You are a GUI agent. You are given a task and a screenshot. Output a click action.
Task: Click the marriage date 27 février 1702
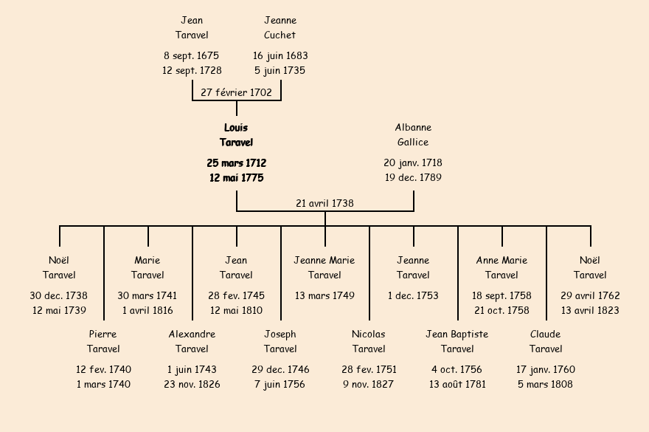point(236,92)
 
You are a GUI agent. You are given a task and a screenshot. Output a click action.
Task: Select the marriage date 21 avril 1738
point(324,203)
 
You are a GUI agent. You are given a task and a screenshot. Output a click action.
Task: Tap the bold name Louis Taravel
point(236,135)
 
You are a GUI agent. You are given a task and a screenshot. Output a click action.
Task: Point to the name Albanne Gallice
point(413,135)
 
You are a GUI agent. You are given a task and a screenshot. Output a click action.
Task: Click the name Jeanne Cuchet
point(280,27)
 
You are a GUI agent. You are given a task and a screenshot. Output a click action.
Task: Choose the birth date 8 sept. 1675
point(192,55)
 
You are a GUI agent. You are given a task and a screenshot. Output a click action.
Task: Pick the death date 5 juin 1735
point(280,71)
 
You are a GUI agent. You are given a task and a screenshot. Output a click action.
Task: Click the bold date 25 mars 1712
point(236,162)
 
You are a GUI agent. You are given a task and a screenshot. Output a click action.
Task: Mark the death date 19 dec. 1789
point(413,178)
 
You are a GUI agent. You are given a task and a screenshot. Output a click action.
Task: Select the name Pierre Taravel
point(103,342)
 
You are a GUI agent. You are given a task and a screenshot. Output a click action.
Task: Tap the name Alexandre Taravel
point(192,342)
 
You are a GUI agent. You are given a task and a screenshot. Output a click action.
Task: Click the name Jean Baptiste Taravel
point(457,342)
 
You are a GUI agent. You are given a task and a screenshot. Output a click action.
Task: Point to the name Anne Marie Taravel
point(502,268)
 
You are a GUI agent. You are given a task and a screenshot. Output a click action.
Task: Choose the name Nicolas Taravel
point(369,342)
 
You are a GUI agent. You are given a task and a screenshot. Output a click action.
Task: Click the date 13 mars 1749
point(324,295)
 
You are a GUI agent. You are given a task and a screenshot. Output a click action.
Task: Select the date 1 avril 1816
point(147,311)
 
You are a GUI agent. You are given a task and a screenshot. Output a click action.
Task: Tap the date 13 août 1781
point(457,385)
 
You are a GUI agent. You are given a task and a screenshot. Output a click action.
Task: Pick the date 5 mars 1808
point(546,385)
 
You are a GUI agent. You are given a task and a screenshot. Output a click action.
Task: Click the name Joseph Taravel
point(280,342)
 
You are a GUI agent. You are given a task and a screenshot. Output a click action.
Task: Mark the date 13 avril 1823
point(590,311)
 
